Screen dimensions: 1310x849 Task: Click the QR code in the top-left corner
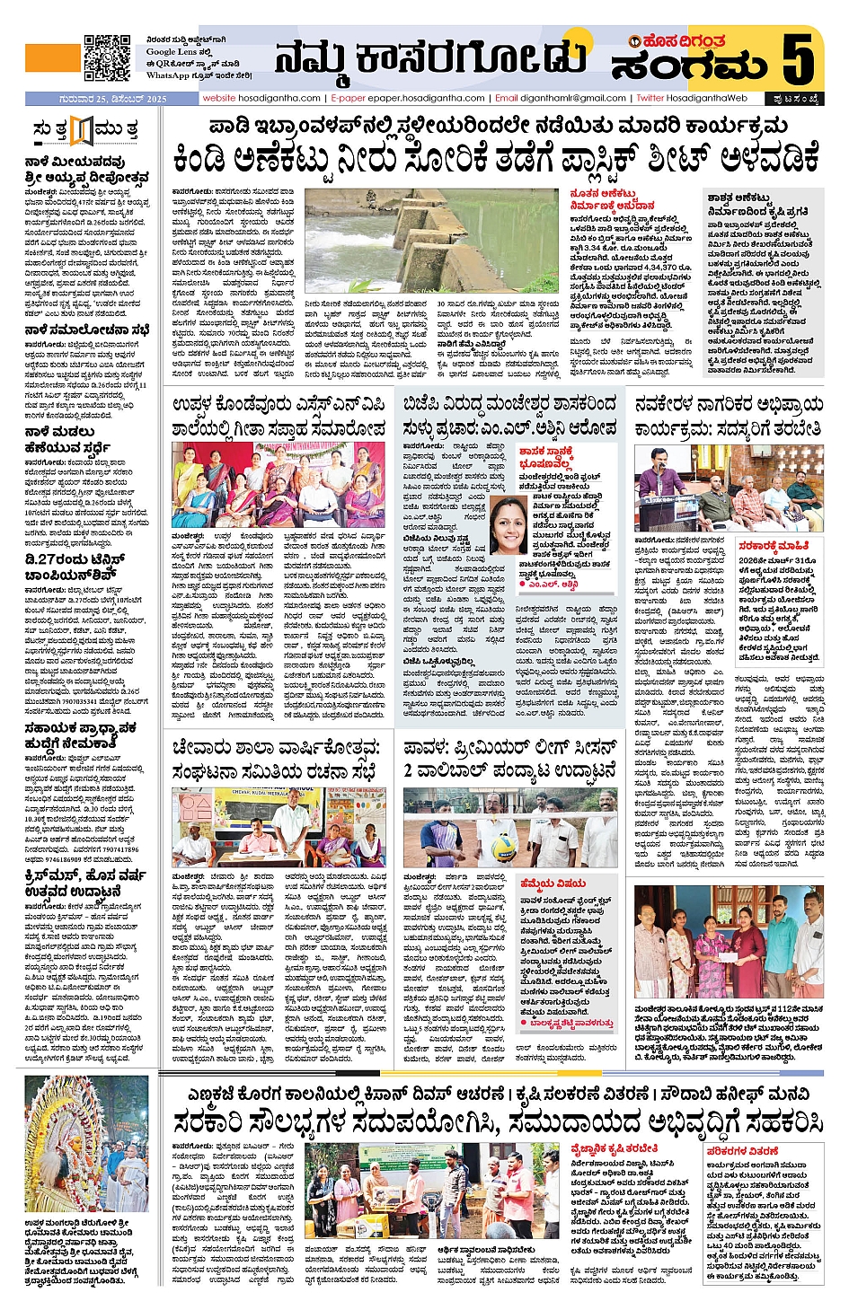click(107, 58)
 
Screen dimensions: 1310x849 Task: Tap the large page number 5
click(797, 58)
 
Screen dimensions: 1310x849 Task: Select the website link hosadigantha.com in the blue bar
click(261, 98)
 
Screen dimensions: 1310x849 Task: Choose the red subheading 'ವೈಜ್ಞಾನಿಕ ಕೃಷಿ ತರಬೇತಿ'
click(615, 1148)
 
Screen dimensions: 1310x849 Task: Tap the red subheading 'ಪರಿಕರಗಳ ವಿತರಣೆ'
click(742, 1150)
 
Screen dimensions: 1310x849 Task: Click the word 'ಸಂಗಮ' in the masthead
click(689, 66)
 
